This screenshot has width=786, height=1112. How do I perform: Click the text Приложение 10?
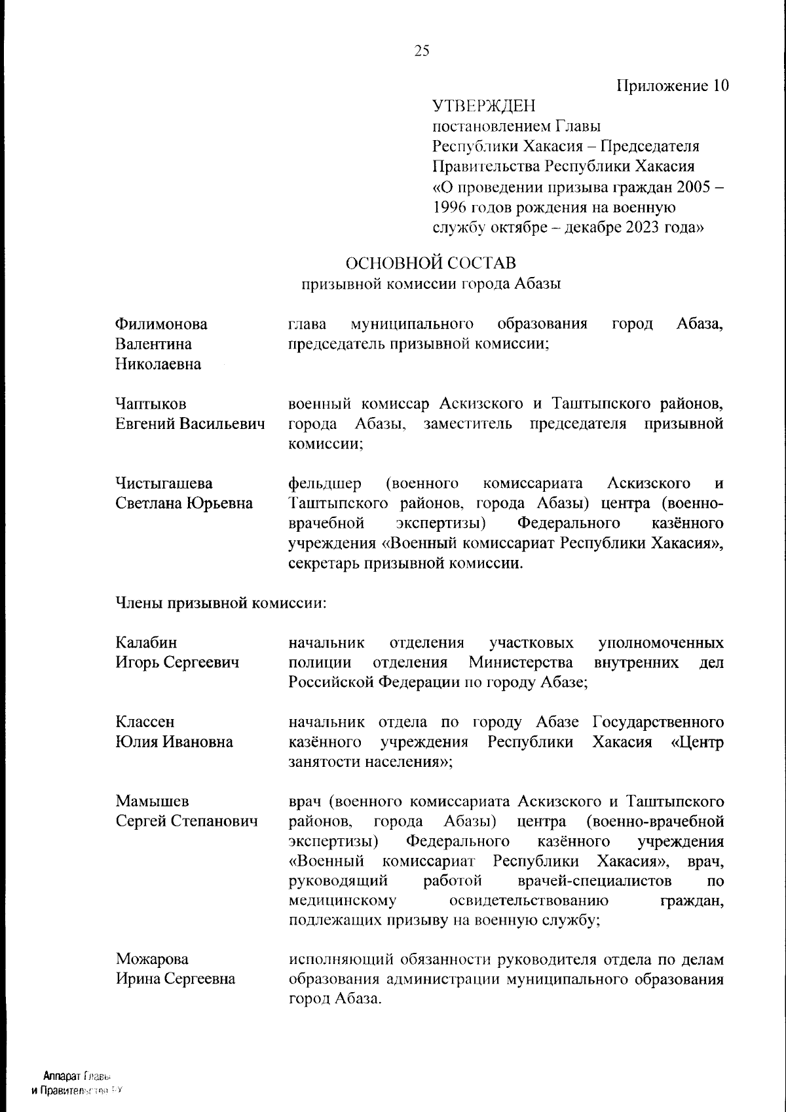(x=673, y=86)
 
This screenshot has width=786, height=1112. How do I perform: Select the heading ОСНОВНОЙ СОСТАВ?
(x=430, y=263)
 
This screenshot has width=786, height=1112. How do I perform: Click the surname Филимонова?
(x=161, y=324)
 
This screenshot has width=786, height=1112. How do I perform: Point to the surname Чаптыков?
(x=151, y=404)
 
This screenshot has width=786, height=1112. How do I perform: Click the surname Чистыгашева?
(x=164, y=483)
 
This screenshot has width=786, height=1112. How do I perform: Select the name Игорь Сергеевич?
(x=177, y=662)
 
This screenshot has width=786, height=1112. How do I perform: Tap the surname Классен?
(x=145, y=722)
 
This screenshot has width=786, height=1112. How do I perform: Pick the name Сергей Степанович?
(x=187, y=821)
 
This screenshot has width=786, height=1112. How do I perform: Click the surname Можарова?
(x=152, y=959)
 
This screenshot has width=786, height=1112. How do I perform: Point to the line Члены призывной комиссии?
(x=221, y=602)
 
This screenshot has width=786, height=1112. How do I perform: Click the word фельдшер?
(x=324, y=483)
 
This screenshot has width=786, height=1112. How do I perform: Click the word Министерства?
(x=520, y=662)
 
